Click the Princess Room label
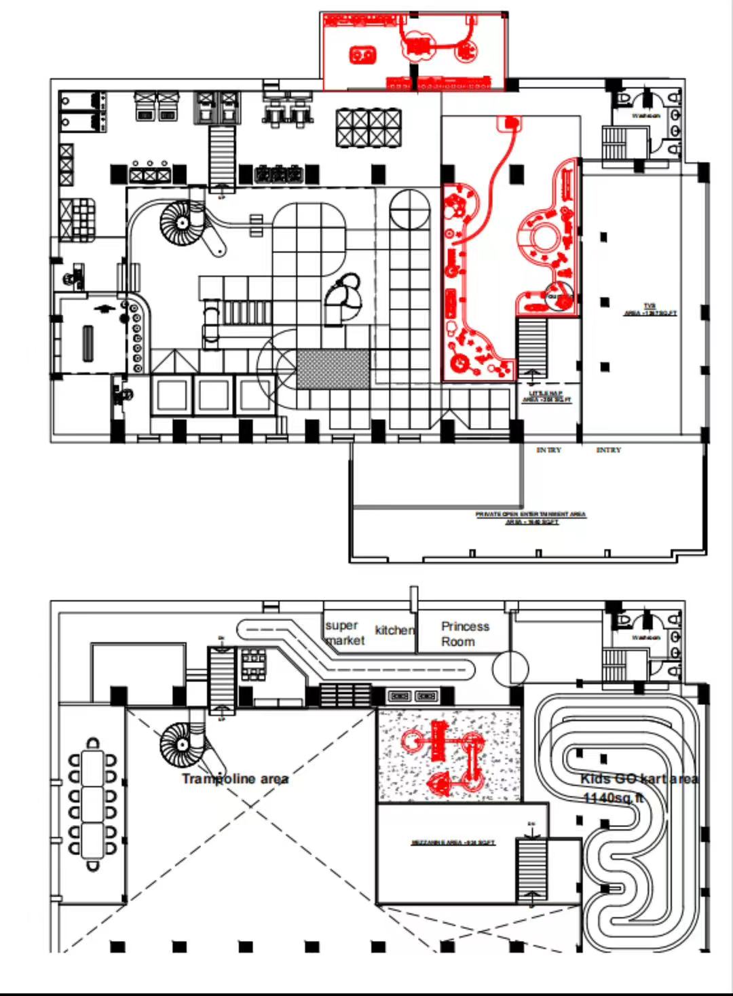pyautogui.click(x=464, y=634)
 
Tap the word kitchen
pyautogui.click(x=394, y=630)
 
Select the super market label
pyautogui.click(x=344, y=633)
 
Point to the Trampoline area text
pyautogui.click(x=235, y=779)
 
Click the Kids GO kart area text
pyautogui.click(x=639, y=779)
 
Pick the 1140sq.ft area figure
pyautogui.click(x=612, y=798)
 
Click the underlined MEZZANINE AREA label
pyautogui.click(x=453, y=843)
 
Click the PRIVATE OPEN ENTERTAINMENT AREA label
pyautogui.click(x=531, y=518)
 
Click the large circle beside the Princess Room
pyautogui.click(x=510, y=668)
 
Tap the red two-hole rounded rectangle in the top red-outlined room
pyautogui.click(x=363, y=54)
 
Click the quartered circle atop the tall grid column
pyautogui.click(x=409, y=208)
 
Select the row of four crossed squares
pyautogui.click(x=369, y=128)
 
